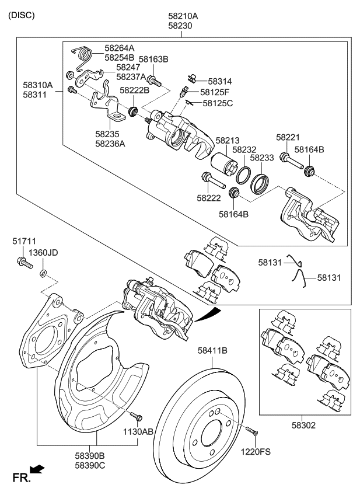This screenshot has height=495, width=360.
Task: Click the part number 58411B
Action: pyautogui.click(x=212, y=350)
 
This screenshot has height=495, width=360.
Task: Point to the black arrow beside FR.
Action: pyautogui.click(x=37, y=469)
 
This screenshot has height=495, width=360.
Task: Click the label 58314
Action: pyautogui.click(x=220, y=81)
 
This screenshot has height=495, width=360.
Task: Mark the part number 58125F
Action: pyautogui.click(x=215, y=92)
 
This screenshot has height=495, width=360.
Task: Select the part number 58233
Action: pyautogui.click(x=262, y=158)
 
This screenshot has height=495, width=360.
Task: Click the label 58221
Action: pyautogui.click(x=288, y=137)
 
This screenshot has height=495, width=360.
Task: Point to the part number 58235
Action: pyautogui.click(x=109, y=133)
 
